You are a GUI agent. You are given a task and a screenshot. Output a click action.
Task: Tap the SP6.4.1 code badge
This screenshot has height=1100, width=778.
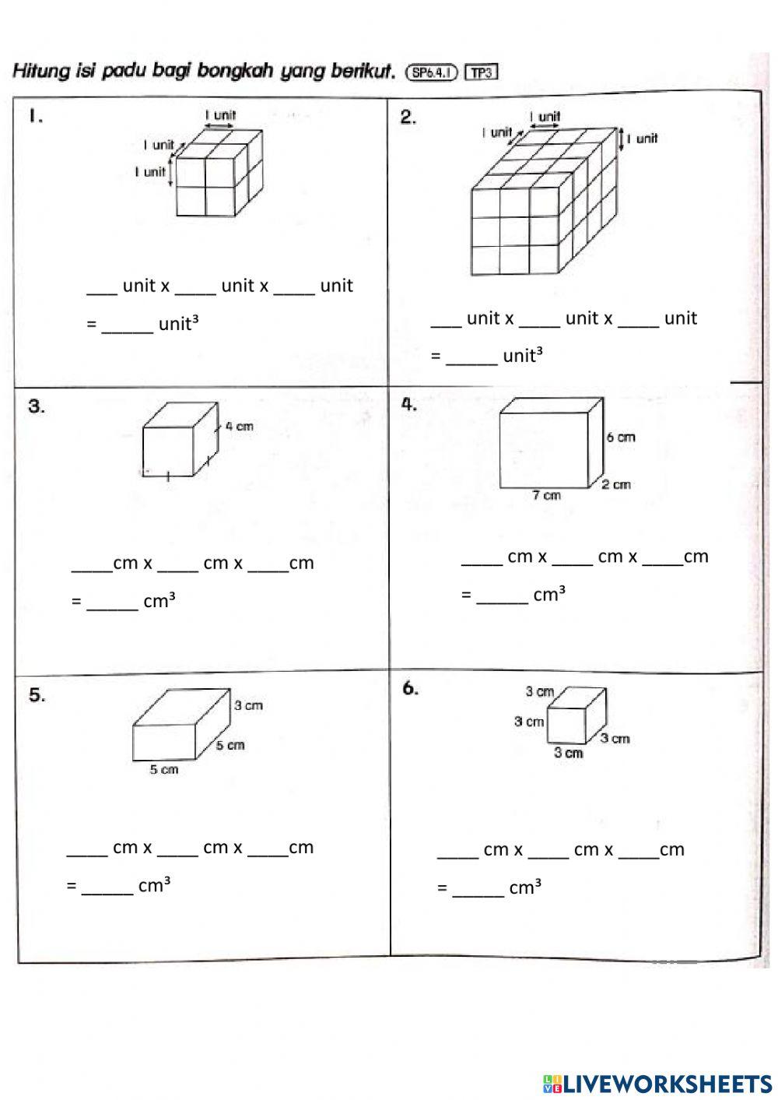[x=433, y=72]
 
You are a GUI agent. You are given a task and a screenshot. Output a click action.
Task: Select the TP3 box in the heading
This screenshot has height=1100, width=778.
[x=481, y=72]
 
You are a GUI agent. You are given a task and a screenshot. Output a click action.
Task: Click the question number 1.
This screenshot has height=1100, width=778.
[x=35, y=117]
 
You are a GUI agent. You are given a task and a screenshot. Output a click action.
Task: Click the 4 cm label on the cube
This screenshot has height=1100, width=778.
[x=239, y=427]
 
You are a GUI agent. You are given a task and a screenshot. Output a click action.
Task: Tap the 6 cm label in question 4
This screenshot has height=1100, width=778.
[x=621, y=438]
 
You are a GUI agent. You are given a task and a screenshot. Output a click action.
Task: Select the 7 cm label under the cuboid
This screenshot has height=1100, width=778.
[x=546, y=495]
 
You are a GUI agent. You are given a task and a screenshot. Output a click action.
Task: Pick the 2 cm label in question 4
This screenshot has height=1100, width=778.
[x=616, y=484]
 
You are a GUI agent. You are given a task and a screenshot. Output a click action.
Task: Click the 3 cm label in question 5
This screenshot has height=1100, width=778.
[x=248, y=705]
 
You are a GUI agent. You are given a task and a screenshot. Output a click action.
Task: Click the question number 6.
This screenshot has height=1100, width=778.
[x=411, y=688]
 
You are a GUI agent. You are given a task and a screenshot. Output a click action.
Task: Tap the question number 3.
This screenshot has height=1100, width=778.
[x=37, y=406]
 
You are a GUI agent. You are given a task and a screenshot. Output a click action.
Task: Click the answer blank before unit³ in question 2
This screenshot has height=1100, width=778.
[x=471, y=358]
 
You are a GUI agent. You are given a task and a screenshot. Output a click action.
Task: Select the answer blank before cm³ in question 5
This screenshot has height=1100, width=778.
[x=107, y=887]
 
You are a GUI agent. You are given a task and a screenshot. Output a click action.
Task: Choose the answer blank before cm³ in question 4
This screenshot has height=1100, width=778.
[x=502, y=597]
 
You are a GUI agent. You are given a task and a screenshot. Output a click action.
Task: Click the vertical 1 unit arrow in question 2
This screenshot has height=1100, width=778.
[x=622, y=139]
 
